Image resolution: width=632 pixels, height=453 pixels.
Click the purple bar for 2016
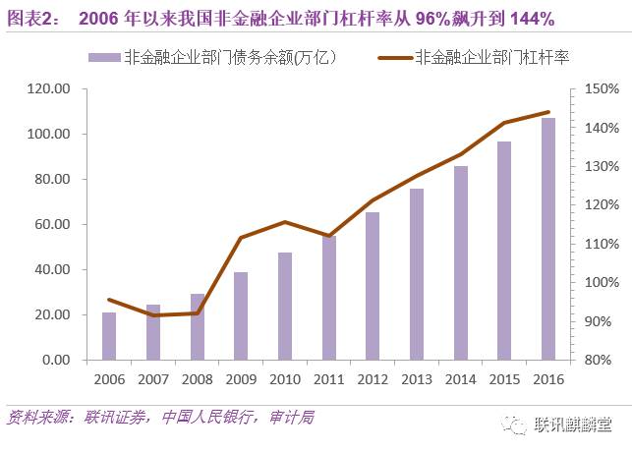click(547, 239)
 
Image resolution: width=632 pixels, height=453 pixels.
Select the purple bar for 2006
click(109, 336)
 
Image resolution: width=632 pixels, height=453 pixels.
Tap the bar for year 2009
click(241, 315)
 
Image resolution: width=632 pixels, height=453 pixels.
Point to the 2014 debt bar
click(460, 262)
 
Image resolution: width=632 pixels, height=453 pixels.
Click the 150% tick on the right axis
click(601, 88)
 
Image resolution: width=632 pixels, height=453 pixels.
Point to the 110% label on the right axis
click(601, 244)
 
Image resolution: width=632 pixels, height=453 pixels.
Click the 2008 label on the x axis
click(197, 379)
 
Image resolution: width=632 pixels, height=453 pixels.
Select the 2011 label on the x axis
click(328, 379)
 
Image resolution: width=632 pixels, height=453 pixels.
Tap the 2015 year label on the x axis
click(503, 379)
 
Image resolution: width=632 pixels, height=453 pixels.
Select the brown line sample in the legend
click(394, 57)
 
